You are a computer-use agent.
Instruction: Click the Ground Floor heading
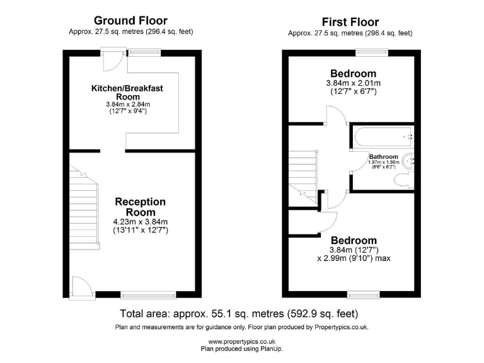[x=130, y=21]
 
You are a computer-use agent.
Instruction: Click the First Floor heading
[x=350, y=22]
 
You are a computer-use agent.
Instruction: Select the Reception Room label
[x=140, y=207]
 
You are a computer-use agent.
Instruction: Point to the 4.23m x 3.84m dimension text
[x=140, y=221]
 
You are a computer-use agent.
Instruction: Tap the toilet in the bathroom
[x=401, y=181]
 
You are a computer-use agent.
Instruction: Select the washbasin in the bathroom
[x=410, y=161]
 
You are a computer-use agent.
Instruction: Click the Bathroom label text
[x=383, y=156]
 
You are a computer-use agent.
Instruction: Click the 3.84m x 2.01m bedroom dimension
[x=353, y=83]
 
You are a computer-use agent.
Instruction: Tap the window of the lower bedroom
[x=364, y=294]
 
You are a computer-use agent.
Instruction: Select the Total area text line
[x=241, y=313]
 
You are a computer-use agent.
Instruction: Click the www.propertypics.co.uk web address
[x=241, y=341]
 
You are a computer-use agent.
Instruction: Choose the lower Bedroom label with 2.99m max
[x=354, y=240]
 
